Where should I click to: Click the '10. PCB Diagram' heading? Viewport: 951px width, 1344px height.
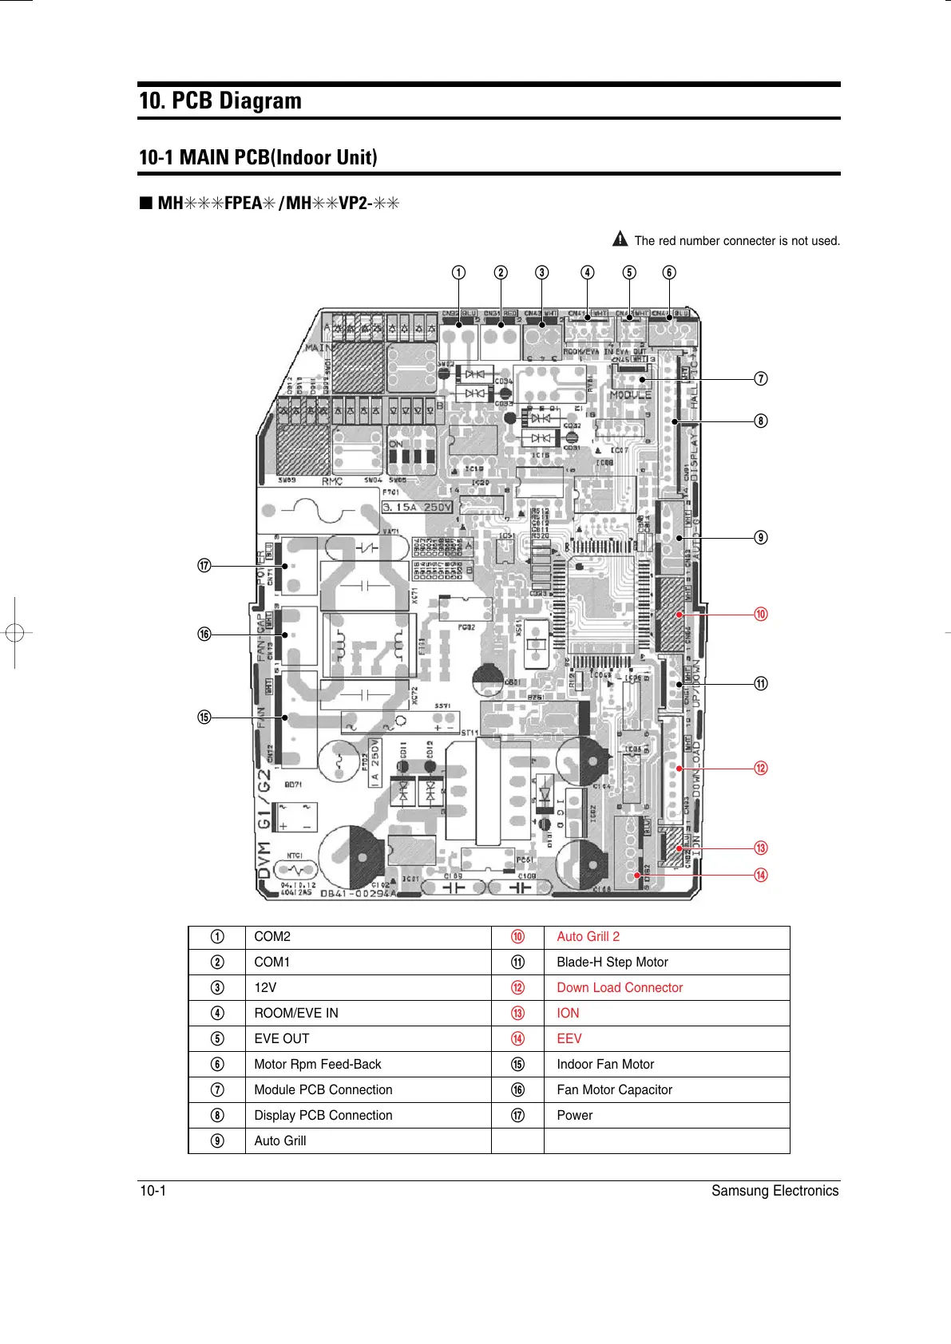(x=220, y=101)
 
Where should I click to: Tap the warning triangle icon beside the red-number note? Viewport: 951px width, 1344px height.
(x=620, y=239)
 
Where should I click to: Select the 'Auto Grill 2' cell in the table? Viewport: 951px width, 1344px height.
(x=588, y=937)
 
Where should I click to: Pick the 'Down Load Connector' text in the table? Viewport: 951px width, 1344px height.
(x=620, y=988)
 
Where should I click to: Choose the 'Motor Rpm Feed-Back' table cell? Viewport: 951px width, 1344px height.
(x=317, y=1065)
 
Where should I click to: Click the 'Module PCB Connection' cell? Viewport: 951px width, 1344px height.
(x=323, y=1090)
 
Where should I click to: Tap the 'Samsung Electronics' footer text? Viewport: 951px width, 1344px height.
(x=775, y=1191)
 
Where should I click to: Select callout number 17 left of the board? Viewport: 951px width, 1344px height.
(x=204, y=566)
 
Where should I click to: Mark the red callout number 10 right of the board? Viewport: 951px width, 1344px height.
(x=761, y=614)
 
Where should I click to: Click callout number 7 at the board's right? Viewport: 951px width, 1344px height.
(x=761, y=378)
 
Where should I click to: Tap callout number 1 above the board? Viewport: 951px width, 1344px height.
(x=458, y=272)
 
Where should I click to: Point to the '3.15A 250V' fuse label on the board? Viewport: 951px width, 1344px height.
(x=417, y=508)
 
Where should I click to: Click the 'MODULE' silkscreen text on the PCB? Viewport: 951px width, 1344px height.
(x=630, y=395)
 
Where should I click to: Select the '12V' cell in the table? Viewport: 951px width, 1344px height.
(x=265, y=988)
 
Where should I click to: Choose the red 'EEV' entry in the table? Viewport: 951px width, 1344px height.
(x=569, y=1039)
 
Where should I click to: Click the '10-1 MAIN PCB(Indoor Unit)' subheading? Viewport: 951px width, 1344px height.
(x=258, y=157)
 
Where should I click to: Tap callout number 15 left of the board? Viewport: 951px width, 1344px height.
(x=204, y=717)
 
